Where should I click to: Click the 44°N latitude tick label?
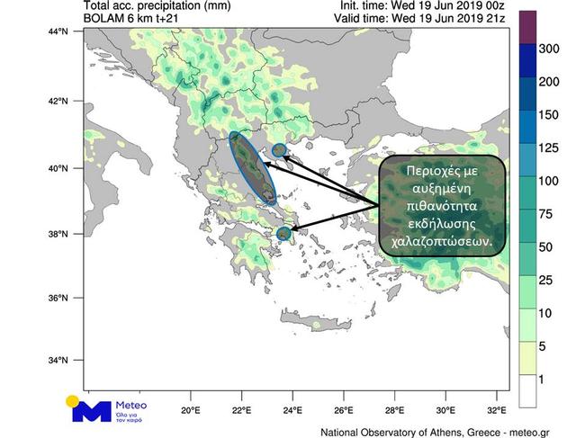[68, 32]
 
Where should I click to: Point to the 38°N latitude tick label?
[68, 235]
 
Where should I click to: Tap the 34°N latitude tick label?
[68, 361]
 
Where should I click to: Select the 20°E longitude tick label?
[190, 411]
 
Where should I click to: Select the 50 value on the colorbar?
[547, 246]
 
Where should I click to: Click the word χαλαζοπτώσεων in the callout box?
[440, 242]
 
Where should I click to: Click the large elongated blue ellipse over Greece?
[253, 168]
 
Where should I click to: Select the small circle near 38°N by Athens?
[284, 234]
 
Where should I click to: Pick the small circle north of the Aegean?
[279, 149]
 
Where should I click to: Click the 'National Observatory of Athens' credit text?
[387, 430]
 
